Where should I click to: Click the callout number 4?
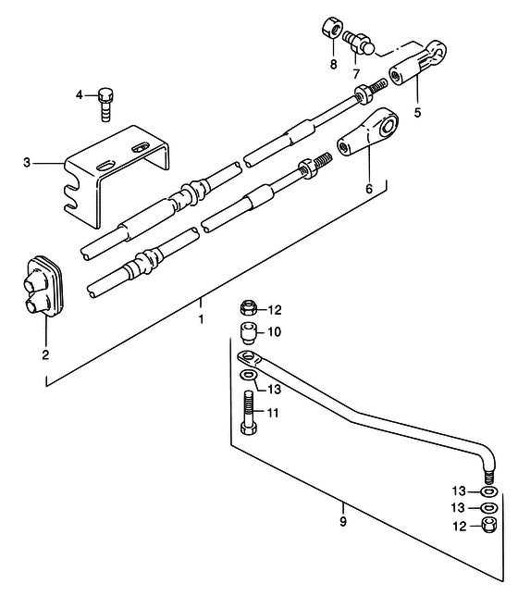coord(79,94)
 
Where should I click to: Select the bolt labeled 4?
coord(106,105)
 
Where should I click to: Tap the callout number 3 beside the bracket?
coord(27,163)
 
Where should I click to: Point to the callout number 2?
coord(45,355)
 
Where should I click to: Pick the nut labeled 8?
coord(332,28)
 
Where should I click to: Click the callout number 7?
coord(356,74)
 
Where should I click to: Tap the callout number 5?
coord(418,113)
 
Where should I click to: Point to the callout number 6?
coord(369,188)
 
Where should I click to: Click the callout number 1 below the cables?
coord(201,319)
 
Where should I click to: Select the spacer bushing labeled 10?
coord(248,332)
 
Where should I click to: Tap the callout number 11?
coord(273,413)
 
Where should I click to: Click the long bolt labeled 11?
coord(248,413)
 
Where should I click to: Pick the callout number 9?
coord(343,521)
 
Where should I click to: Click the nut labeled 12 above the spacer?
coord(249,307)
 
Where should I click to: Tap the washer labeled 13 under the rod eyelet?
coord(248,375)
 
